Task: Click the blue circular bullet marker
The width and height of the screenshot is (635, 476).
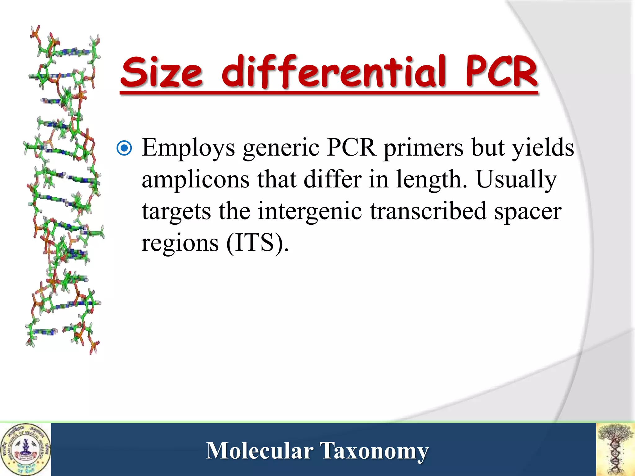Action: (124, 148)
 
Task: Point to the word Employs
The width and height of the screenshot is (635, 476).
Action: (189, 148)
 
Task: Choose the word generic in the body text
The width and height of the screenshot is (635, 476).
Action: (281, 148)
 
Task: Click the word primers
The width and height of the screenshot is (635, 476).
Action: (424, 148)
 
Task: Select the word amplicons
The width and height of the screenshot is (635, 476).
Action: (196, 180)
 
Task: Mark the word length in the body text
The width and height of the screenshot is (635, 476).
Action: (431, 180)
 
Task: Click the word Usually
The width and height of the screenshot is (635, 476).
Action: (516, 180)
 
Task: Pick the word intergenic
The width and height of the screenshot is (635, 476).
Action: (310, 211)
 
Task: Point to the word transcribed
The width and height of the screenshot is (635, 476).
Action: (428, 211)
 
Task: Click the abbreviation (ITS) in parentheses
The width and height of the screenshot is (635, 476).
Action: (257, 243)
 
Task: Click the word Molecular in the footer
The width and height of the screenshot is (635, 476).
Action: (260, 451)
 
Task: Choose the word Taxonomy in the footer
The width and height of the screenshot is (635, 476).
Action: (374, 451)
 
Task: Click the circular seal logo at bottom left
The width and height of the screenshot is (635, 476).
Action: (25, 449)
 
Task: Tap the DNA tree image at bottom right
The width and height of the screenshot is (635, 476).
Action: (616, 449)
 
